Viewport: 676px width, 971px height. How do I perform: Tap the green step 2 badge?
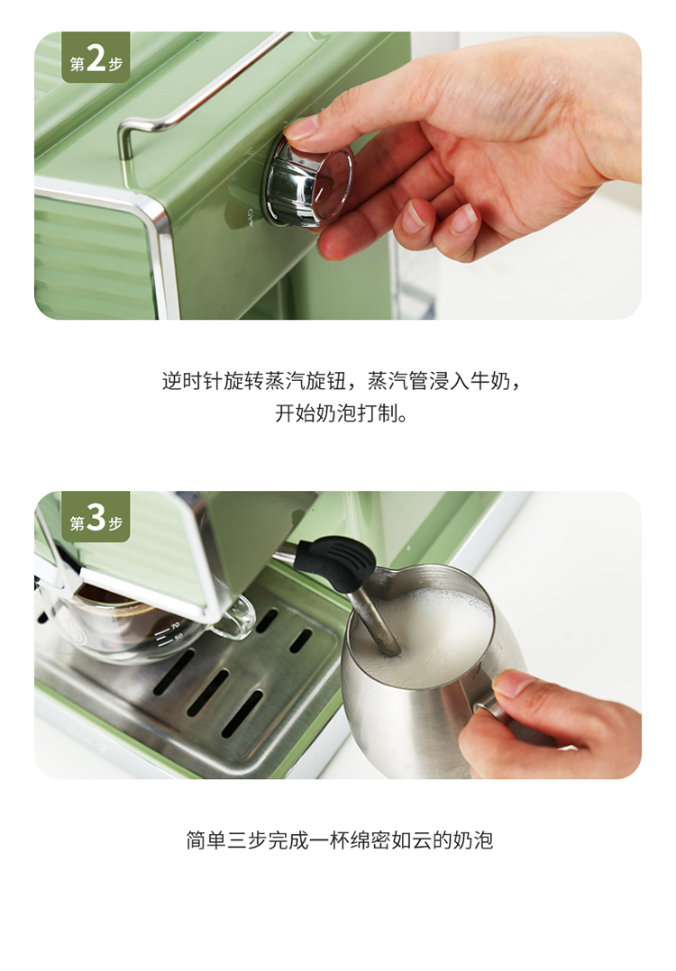96,58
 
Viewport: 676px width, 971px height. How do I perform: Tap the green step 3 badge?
96,517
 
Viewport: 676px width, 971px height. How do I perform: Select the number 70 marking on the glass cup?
176,626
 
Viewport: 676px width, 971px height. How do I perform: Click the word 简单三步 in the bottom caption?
226,839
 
